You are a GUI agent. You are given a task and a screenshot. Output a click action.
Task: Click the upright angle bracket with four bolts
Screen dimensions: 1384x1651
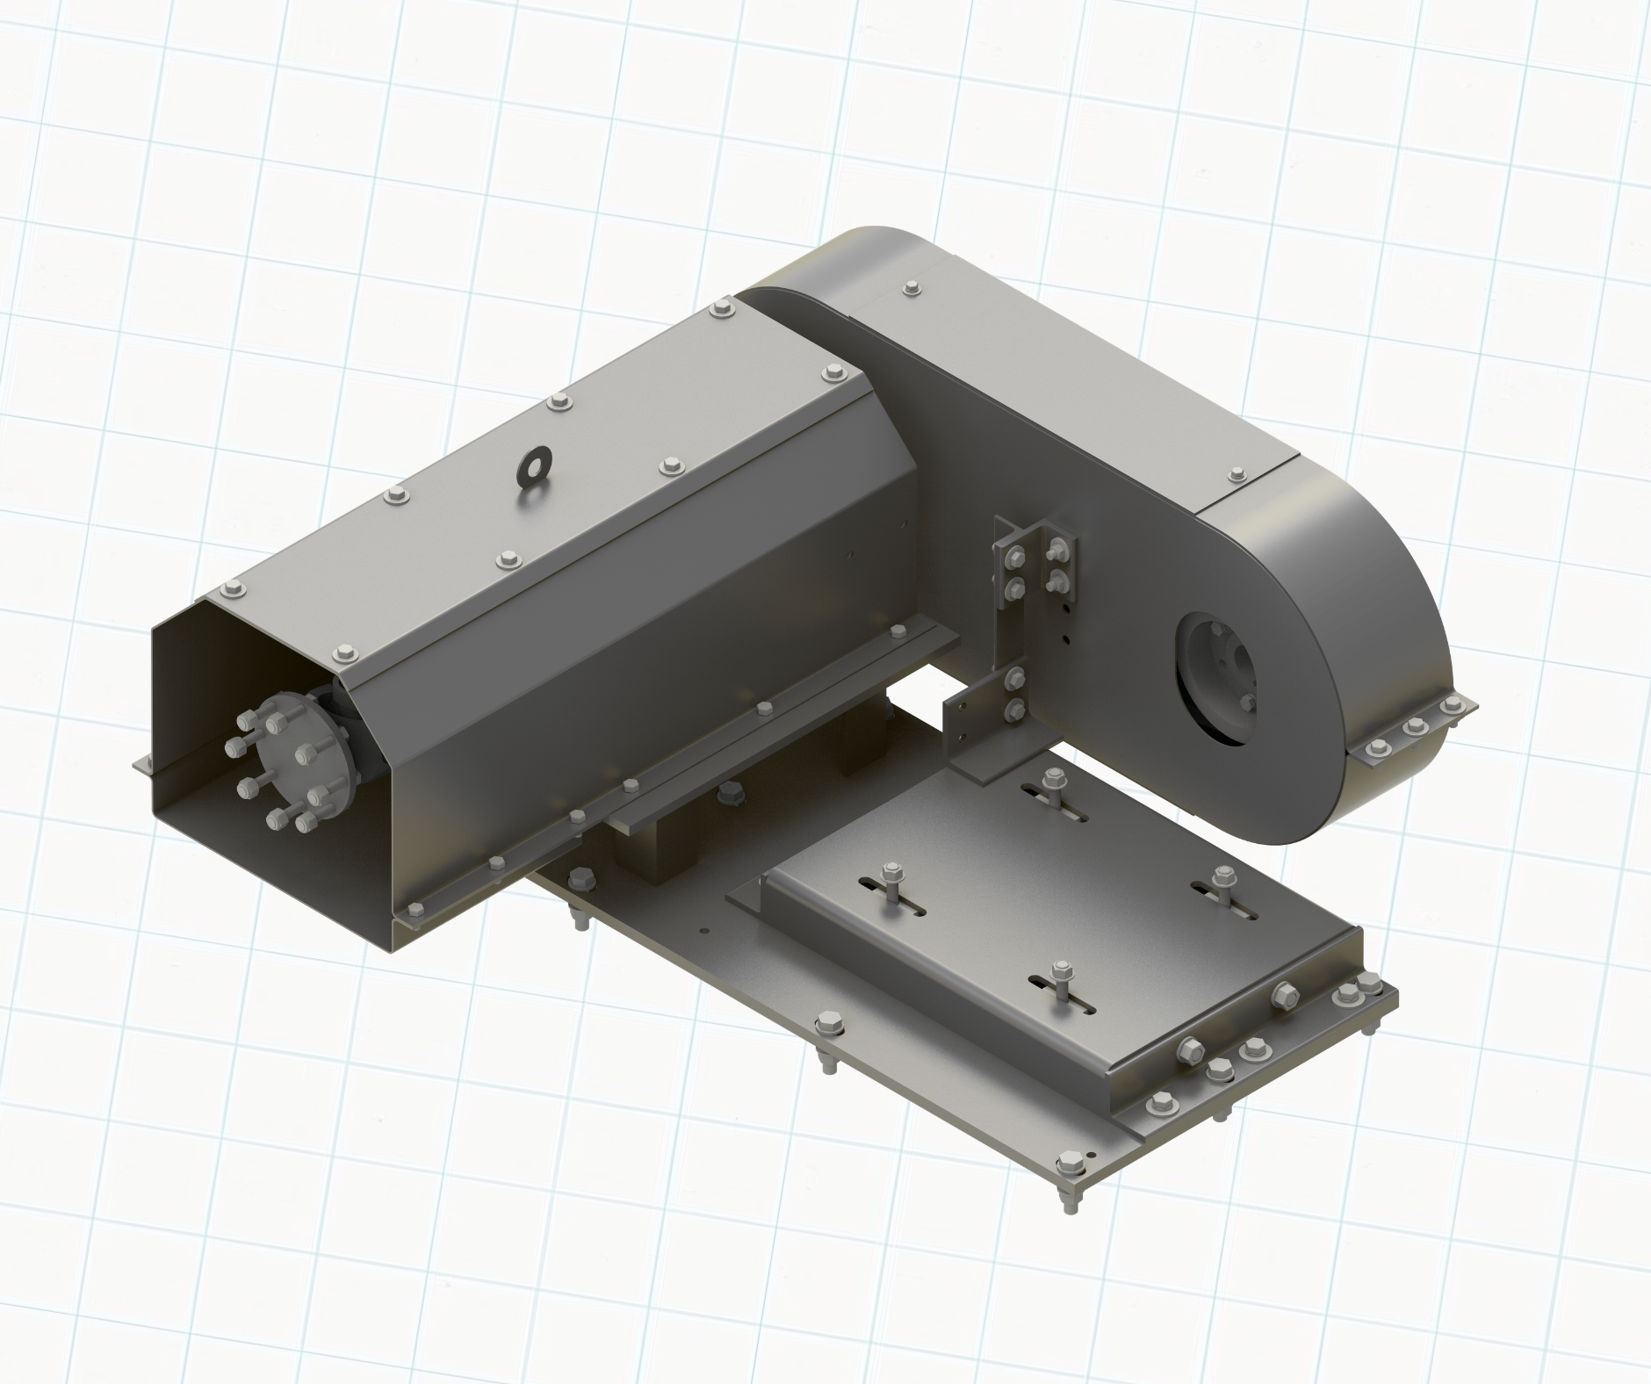(x=1036, y=562)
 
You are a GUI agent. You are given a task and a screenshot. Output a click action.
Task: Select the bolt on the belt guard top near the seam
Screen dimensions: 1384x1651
(x=1236, y=473)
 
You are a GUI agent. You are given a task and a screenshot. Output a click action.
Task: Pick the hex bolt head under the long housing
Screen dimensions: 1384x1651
(x=728, y=793)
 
